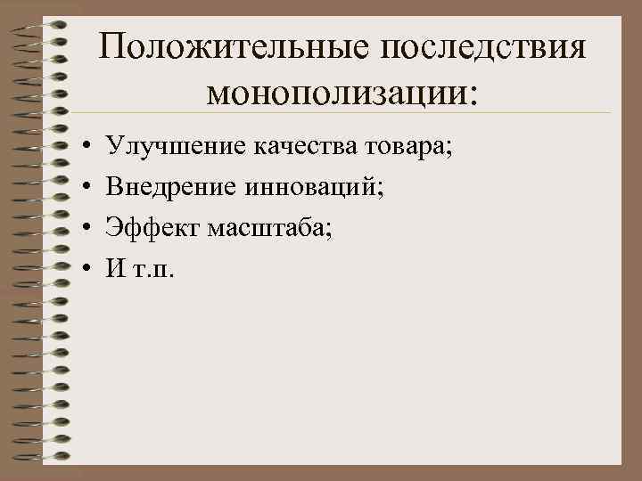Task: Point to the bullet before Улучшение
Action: click(x=80, y=144)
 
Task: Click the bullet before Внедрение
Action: click(x=80, y=186)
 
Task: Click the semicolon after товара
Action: click(x=449, y=147)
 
